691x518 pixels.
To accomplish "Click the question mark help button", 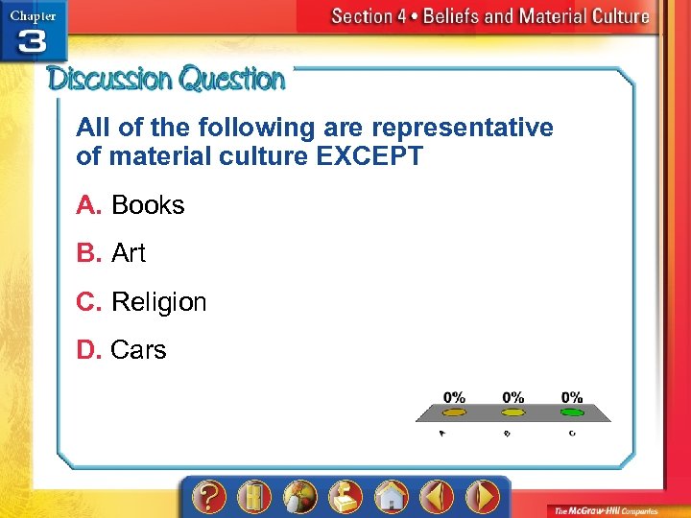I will point(209,497).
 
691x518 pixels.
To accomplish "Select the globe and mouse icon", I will point(299,497).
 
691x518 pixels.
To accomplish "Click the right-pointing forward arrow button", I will point(482,497).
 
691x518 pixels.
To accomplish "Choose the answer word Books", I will point(148,205).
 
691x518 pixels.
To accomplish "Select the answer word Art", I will point(129,253).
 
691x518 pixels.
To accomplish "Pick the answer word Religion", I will point(158,302).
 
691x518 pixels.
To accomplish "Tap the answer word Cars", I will point(138,350).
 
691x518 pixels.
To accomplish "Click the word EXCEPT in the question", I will point(369,157).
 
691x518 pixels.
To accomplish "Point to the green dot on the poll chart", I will point(572,412).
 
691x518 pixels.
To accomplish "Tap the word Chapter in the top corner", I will point(33,14).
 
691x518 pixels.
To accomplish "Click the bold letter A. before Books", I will point(89,205).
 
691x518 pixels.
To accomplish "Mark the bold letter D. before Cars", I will point(89,350).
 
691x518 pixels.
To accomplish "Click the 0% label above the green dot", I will point(572,397).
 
